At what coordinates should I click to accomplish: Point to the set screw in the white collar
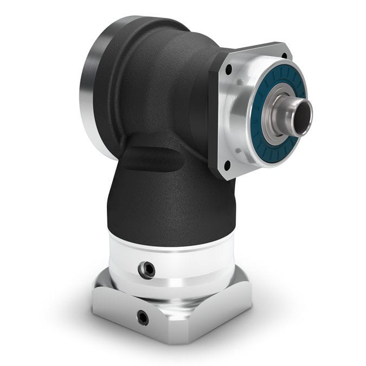[x=146, y=268]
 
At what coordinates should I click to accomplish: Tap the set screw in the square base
[x=143, y=317]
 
